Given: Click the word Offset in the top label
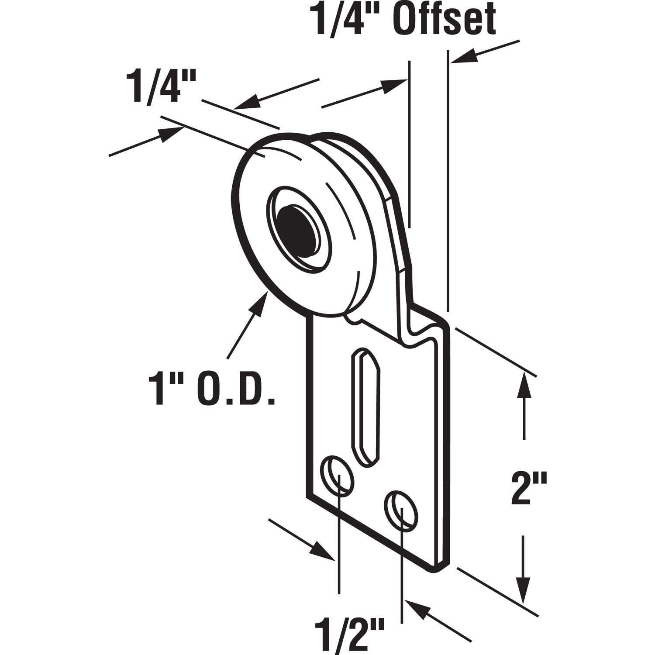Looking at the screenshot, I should tap(445, 20).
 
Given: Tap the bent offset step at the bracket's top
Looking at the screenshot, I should tap(426, 325).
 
